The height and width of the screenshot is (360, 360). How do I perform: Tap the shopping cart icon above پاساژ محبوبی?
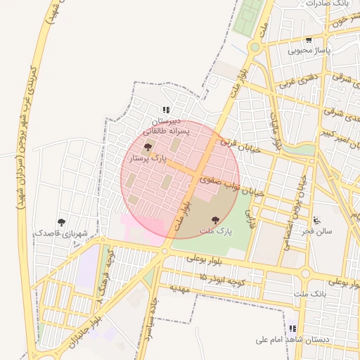click(308, 40)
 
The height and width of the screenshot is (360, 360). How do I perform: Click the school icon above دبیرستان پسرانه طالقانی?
click(166, 110)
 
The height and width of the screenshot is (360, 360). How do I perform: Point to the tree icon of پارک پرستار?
click(148, 147)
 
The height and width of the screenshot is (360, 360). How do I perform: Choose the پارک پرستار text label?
click(148, 159)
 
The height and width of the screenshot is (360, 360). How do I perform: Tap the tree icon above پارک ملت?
click(215, 220)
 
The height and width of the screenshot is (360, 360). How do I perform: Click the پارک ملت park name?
click(215, 231)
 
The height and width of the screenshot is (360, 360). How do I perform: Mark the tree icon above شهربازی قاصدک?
click(61, 221)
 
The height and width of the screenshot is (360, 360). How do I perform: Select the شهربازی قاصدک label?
click(53, 232)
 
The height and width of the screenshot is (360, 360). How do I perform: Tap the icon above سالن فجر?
click(317, 219)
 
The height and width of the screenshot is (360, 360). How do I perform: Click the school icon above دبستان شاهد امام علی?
click(292, 328)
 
